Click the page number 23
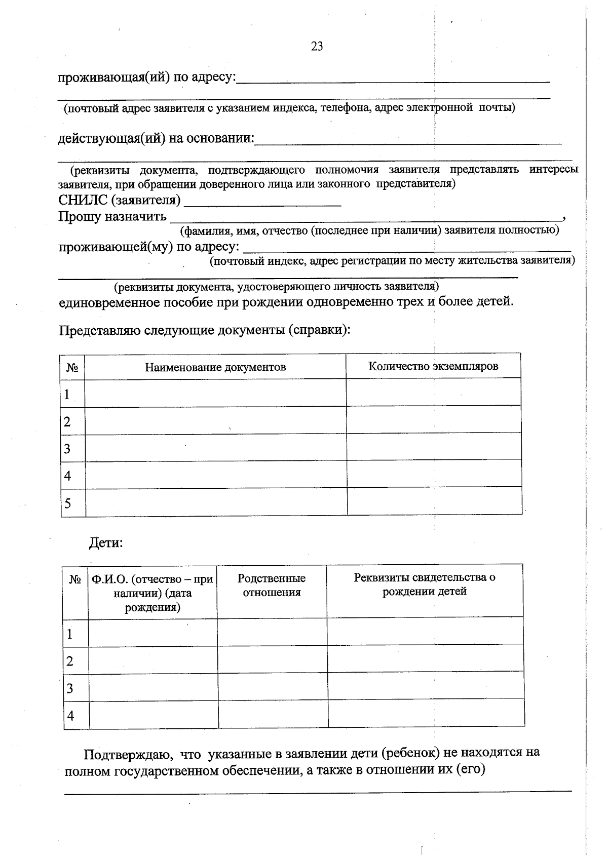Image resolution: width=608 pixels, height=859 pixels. tap(317, 47)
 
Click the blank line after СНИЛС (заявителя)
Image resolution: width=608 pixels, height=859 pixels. tap(262, 203)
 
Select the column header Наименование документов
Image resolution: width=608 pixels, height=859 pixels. tap(215, 367)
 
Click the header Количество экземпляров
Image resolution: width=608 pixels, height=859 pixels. tap(433, 366)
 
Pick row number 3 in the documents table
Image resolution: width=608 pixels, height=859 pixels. tap(67, 449)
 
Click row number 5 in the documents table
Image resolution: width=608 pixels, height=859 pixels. tap(67, 503)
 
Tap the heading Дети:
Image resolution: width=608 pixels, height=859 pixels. tap(106, 543)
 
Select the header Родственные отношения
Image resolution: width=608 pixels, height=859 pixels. tap(272, 585)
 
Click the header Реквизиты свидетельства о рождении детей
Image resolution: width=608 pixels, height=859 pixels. tap(425, 584)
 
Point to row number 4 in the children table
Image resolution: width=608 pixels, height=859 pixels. tap(70, 716)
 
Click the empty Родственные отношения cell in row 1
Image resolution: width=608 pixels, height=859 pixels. tap(272, 633)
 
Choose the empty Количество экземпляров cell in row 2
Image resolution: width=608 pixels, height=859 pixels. tap(434, 419)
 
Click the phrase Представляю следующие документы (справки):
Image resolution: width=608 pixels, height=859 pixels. tap(205, 330)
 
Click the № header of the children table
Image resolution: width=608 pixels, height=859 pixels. tap(75, 579)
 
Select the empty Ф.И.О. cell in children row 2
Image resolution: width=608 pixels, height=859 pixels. tap(153, 660)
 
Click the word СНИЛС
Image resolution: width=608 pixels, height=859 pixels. tap(83, 201)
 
